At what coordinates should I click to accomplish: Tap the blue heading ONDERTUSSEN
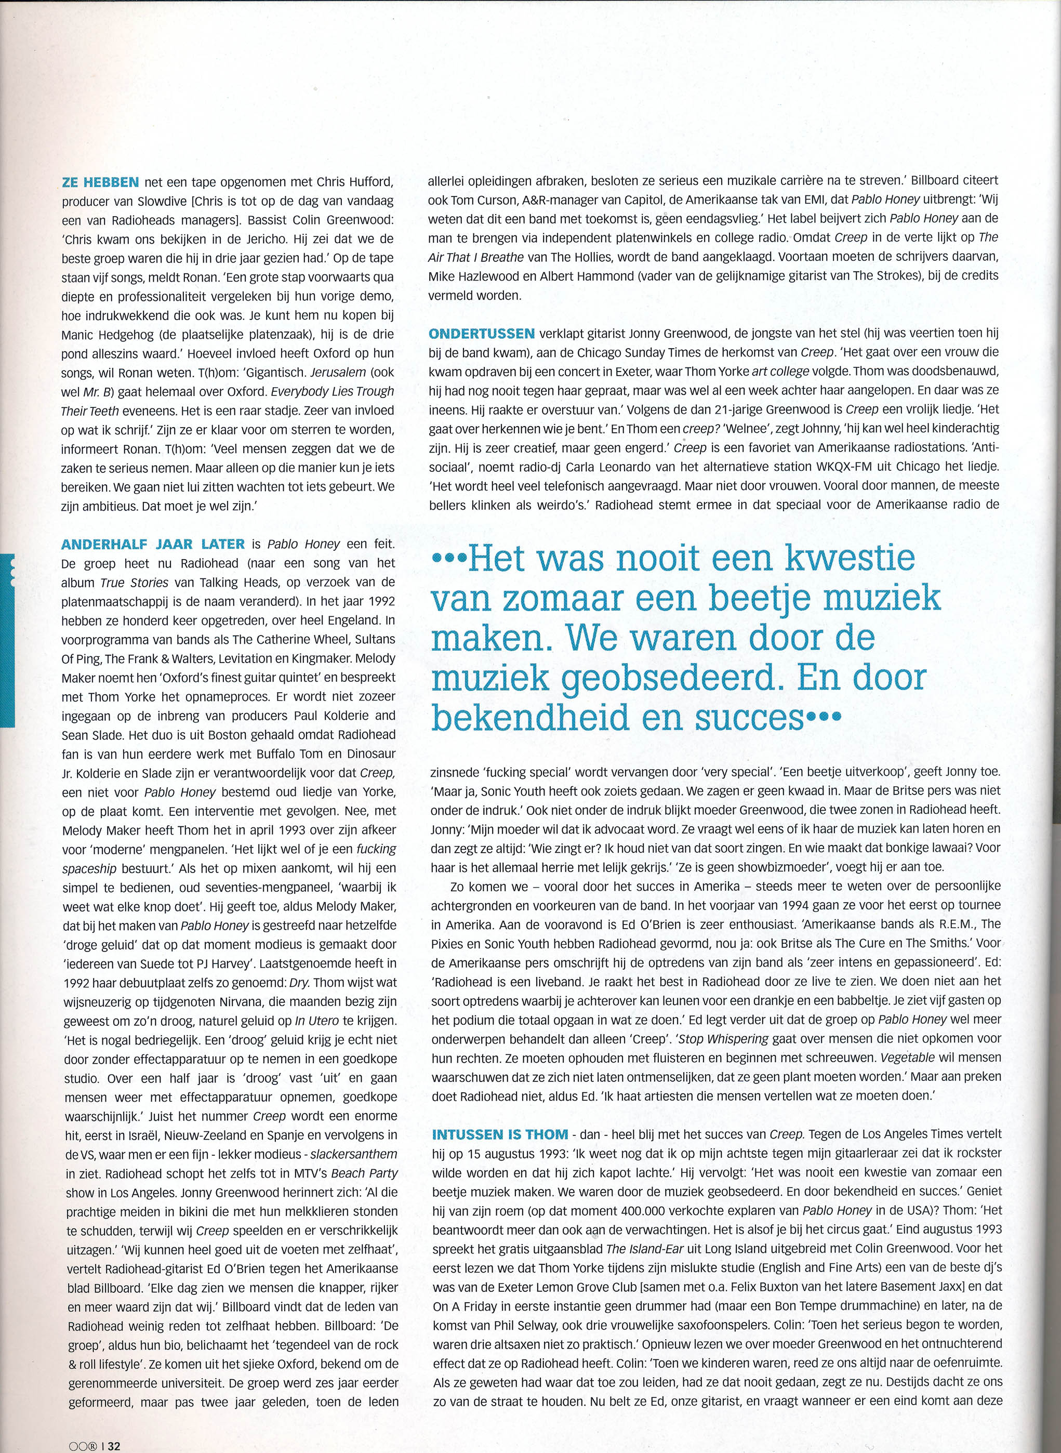[x=481, y=334]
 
